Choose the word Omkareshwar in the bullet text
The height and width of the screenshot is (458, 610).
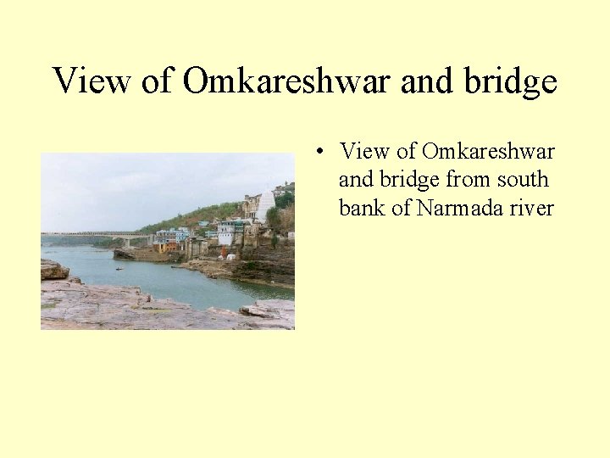(x=488, y=152)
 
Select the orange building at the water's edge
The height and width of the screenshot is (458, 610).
(x=173, y=247)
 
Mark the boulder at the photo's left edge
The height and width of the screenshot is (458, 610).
(x=53, y=270)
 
